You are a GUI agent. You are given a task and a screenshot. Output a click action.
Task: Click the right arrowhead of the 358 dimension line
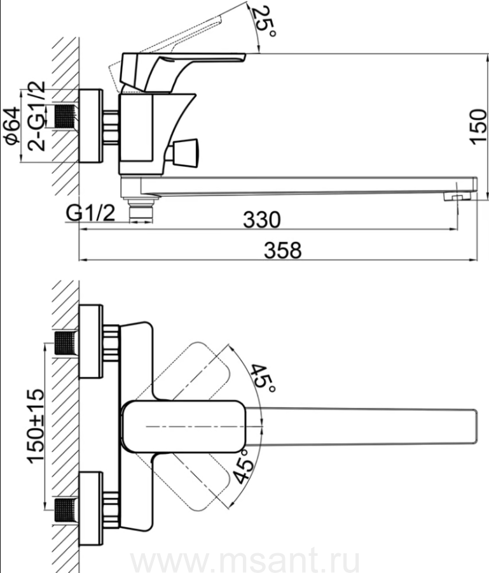(x=474, y=260)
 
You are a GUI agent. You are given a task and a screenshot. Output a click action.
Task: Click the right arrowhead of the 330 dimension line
(x=453, y=229)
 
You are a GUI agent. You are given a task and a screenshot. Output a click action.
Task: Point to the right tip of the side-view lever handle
(x=245, y=55)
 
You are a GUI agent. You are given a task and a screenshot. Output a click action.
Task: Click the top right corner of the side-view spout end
(x=477, y=178)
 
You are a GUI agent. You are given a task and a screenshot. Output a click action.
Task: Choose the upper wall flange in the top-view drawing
(x=91, y=341)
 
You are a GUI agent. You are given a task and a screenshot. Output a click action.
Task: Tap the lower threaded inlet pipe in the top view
(x=66, y=510)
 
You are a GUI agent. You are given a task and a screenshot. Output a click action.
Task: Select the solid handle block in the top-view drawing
(x=184, y=427)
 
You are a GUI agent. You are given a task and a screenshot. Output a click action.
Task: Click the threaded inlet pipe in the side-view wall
(x=66, y=117)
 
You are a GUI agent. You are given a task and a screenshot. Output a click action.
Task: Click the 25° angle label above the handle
(x=264, y=22)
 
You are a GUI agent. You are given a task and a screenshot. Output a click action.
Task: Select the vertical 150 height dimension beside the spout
(x=478, y=127)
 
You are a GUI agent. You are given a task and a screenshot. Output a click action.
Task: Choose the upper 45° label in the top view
(x=263, y=379)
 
